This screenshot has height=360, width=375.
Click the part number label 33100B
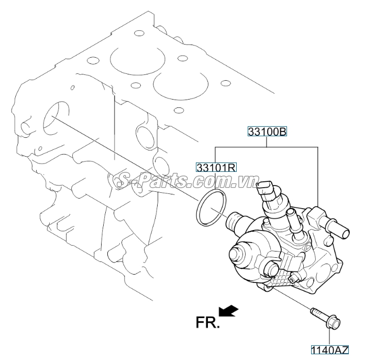coord(267,132)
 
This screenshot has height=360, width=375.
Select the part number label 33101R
coord(216,167)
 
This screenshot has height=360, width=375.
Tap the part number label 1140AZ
coord(329,350)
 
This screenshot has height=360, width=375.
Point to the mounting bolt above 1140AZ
coord(325,319)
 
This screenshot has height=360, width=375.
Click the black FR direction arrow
coord(229,311)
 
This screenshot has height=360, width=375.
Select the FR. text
coord(207,322)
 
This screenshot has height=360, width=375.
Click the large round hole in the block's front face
coord(56,119)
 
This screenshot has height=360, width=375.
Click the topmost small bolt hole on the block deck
coord(138,33)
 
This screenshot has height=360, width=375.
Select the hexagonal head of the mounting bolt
coord(333,323)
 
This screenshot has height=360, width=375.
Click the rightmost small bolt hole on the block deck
coord(226,83)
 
